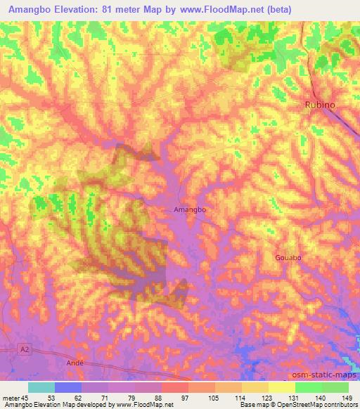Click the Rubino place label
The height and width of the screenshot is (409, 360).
[x=320, y=104]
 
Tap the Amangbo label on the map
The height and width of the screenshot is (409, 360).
[x=189, y=209]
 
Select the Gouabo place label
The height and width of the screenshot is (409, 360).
[x=288, y=258]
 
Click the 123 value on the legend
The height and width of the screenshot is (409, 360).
[x=266, y=397]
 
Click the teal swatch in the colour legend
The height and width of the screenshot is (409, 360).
[x=41, y=387]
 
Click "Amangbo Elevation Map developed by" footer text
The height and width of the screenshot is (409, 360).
[x=58, y=405]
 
